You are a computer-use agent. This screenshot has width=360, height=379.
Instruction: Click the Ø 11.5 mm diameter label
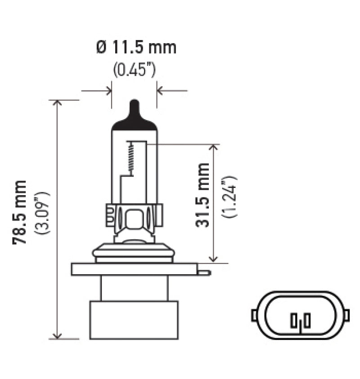136,47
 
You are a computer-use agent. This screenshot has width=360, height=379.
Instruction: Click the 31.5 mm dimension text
203,195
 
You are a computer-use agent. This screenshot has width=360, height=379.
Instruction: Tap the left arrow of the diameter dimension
108,91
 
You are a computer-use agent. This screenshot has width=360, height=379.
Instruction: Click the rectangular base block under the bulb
134,320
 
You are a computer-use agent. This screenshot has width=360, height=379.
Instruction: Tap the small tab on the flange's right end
204,272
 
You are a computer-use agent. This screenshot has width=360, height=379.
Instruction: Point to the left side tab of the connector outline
254,315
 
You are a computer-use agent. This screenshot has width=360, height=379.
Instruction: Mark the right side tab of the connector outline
346,315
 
